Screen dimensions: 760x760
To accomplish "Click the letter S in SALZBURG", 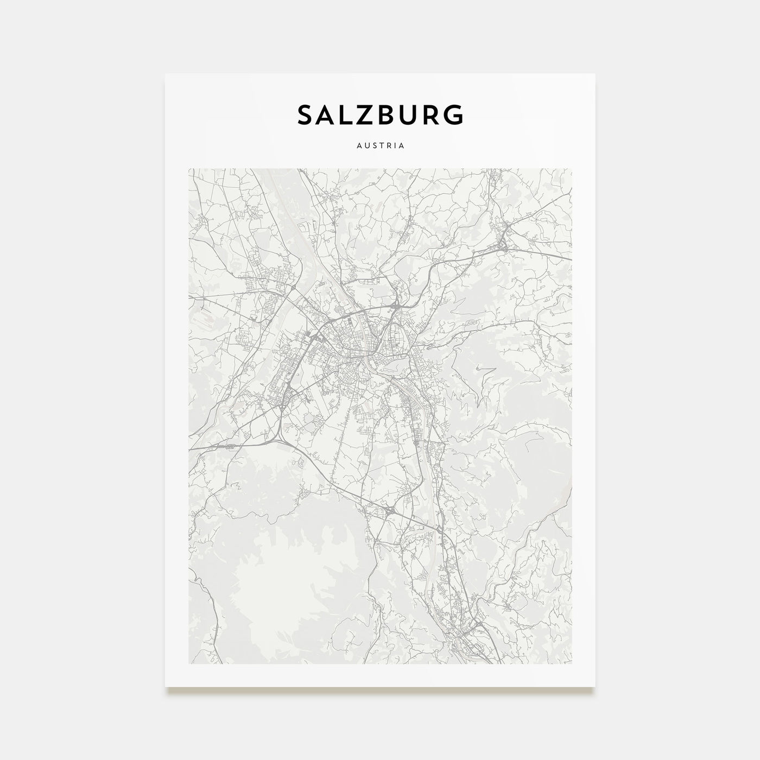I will tap(305, 115).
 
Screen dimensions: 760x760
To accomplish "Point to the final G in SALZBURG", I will tap(454, 115).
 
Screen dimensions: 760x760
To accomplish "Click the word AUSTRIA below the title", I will tap(380, 146).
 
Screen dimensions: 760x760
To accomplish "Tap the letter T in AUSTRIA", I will tap(380, 146).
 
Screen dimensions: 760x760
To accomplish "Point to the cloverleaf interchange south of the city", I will tap(390, 510).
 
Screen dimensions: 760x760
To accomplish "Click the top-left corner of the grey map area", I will tap(189, 169).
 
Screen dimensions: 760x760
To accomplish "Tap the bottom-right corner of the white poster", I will tap(594, 686).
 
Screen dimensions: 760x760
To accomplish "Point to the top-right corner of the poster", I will tap(594, 74).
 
